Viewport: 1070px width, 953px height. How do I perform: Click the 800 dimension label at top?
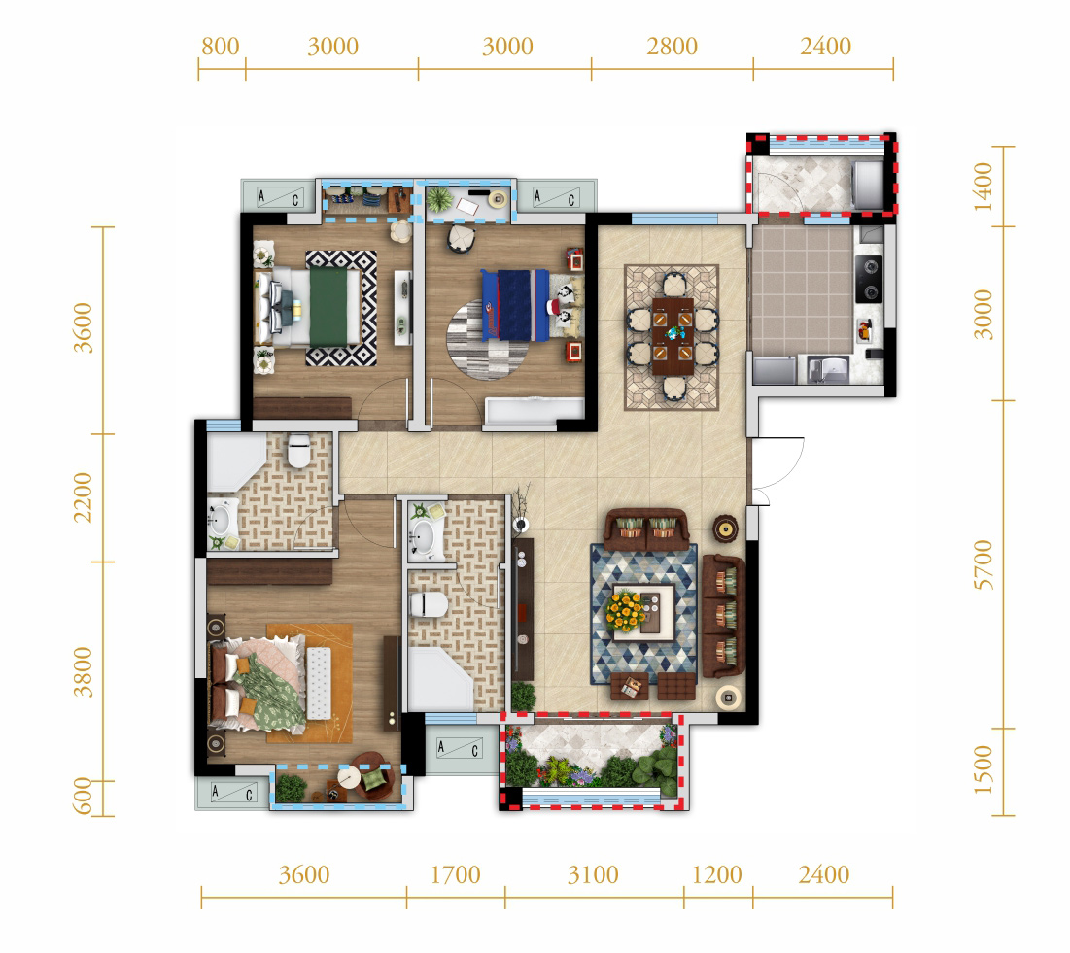click(220, 47)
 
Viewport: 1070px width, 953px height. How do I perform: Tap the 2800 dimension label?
click(672, 47)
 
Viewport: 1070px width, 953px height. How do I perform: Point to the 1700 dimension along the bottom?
click(455, 874)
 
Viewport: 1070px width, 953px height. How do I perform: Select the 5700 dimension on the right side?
click(983, 564)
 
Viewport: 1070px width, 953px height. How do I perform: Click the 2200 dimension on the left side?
click(83, 497)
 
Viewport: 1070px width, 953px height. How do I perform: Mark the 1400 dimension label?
click(983, 187)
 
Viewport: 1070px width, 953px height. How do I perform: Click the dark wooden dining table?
click(673, 335)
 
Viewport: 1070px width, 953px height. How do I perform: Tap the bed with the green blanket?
click(308, 306)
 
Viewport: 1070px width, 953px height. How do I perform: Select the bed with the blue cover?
click(531, 305)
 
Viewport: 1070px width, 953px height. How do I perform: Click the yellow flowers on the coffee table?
click(626, 610)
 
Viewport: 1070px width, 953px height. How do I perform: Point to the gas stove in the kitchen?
click(869, 279)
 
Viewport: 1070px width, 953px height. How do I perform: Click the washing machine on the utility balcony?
click(868, 185)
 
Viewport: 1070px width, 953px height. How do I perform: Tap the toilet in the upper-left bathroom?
click(298, 451)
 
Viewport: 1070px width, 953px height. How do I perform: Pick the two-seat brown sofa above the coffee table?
click(646, 529)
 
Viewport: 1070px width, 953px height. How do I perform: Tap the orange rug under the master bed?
click(310, 683)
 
